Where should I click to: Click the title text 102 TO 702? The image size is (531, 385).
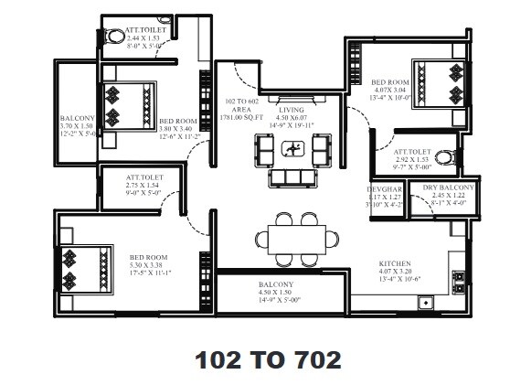pos(267,359)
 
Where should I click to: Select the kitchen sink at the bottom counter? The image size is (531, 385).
pos(425,300)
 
